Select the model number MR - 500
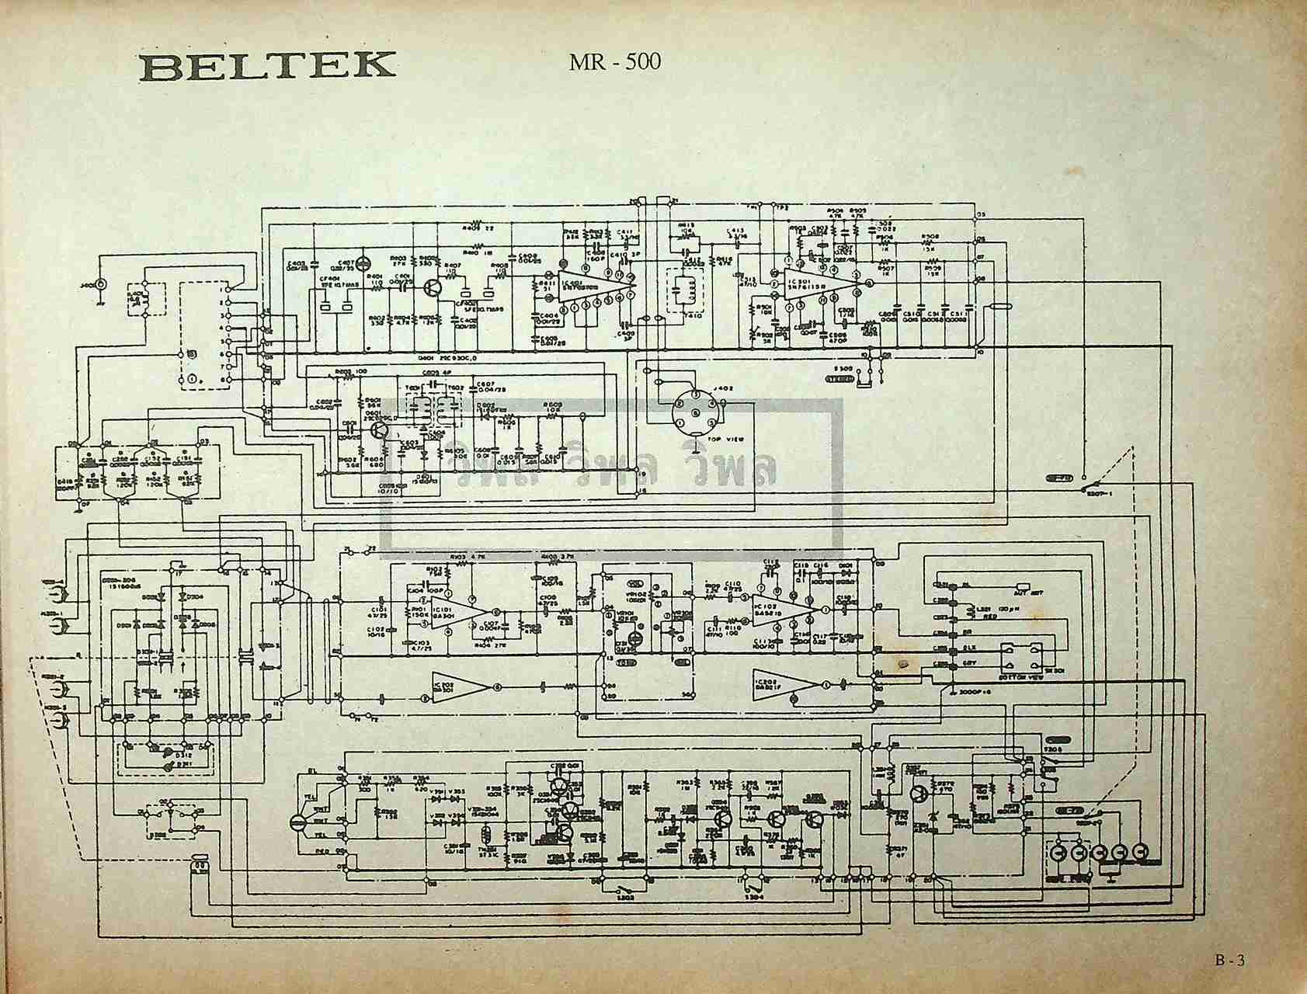click(614, 61)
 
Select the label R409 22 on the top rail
click(478, 228)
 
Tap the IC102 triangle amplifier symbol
click(459, 685)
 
